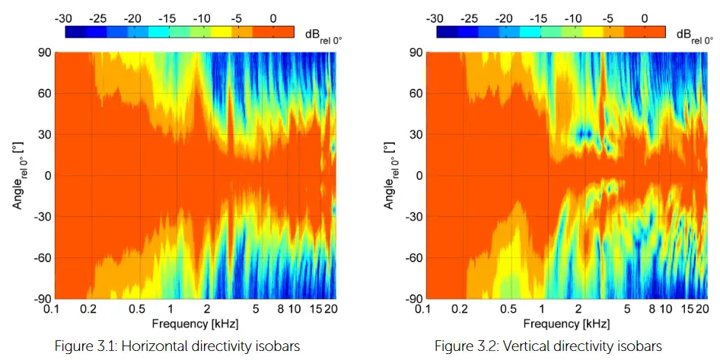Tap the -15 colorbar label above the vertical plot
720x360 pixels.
pyautogui.click(x=538, y=18)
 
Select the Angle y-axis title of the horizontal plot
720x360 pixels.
pyautogui.click(x=17, y=175)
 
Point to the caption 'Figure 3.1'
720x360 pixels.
pyautogui.click(x=81, y=346)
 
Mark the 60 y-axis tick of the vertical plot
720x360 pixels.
pyautogui.click(x=415, y=94)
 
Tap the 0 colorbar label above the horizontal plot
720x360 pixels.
pyautogui.click(x=272, y=18)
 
